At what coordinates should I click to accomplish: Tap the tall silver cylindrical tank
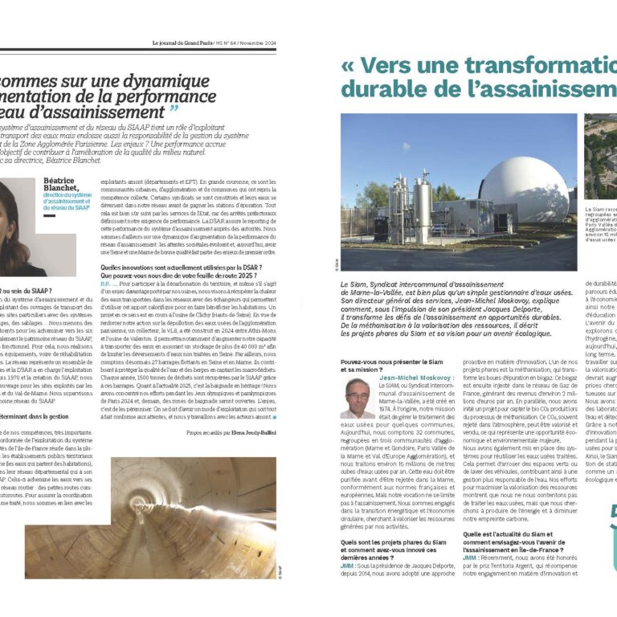(x=422, y=210)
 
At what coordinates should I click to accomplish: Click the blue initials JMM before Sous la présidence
(x=348, y=566)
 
